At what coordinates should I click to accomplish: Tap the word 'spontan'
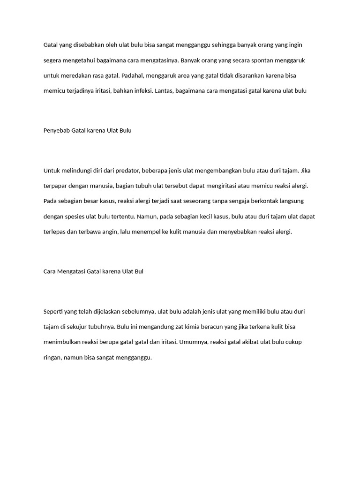(276, 60)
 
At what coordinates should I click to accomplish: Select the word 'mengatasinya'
(160, 60)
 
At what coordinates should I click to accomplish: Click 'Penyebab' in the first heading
(56, 131)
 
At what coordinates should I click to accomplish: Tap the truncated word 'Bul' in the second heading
(139, 271)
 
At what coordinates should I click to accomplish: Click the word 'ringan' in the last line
(52, 358)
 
